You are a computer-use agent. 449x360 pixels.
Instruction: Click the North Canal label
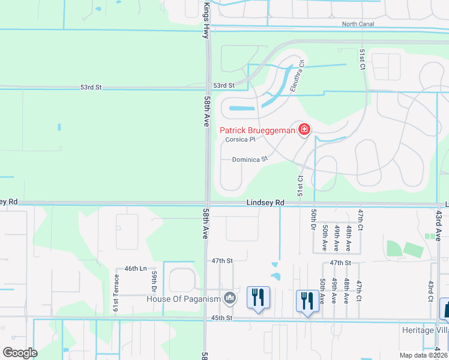[358, 24]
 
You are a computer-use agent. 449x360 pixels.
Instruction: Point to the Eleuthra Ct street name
[298, 76]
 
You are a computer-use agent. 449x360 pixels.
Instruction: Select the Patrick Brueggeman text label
[257, 130]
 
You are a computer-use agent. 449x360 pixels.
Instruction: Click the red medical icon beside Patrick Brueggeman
[304, 130]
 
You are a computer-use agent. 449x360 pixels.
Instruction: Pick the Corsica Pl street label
[241, 140]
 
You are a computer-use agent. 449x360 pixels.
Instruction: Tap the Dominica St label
[249, 160]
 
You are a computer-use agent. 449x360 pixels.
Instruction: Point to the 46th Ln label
[135, 269]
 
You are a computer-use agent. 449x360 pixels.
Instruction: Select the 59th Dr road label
[154, 280]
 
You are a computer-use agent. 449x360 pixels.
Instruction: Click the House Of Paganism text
[184, 298]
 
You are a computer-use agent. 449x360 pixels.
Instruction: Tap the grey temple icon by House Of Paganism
[229, 298]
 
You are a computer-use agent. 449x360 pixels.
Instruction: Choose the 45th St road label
[221, 318]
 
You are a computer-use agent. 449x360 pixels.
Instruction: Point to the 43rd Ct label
[430, 290]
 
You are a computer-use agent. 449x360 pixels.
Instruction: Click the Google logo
[20, 352]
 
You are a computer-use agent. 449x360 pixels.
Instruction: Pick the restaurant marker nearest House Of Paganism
[258, 298]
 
